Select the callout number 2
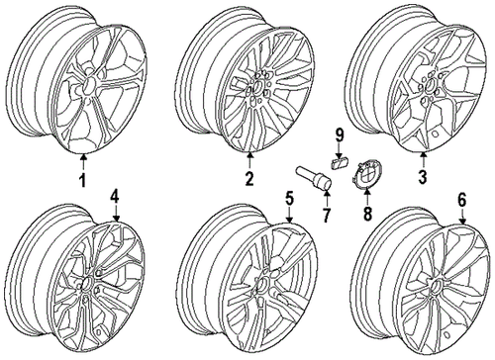click(x=249, y=179)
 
